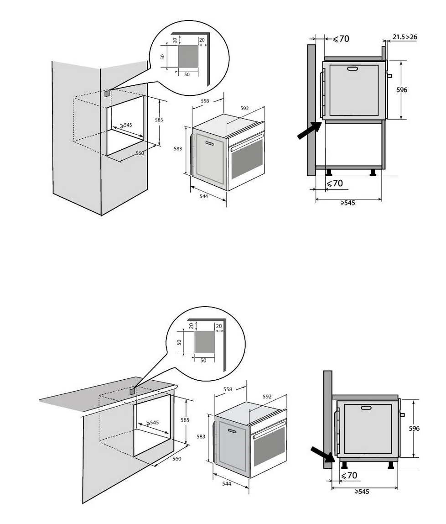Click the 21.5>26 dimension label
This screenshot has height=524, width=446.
click(405, 37)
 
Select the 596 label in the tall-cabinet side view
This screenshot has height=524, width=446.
click(401, 90)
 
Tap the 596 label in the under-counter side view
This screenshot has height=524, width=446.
click(414, 429)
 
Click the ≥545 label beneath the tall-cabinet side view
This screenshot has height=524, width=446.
click(347, 203)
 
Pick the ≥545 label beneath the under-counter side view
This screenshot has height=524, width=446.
click(362, 492)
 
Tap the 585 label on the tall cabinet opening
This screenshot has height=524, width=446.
click(159, 120)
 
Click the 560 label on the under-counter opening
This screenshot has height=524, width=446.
click(176, 459)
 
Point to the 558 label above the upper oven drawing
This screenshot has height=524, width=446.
click(205, 101)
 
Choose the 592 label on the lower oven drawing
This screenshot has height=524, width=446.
click(267, 397)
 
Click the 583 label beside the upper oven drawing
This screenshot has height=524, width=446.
click(179, 148)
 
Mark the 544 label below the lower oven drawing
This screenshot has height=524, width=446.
click(226, 483)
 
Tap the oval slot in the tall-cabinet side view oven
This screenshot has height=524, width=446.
click(353, 69)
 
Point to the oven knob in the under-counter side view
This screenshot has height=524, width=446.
click(402, 415)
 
